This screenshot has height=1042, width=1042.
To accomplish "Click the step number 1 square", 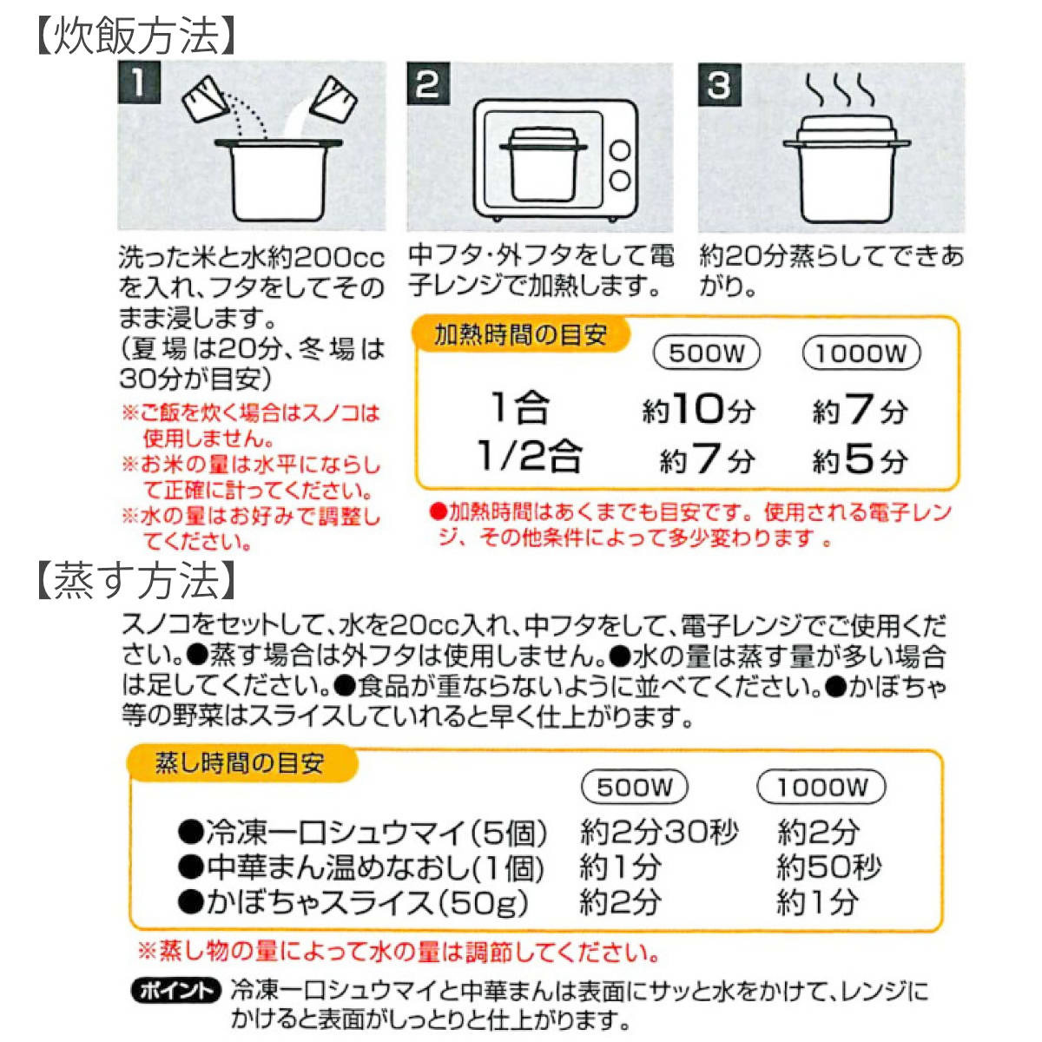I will click(x=138, y=85).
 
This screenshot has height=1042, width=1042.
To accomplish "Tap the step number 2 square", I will click(x=427, y=85).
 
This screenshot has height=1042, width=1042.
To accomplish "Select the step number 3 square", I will click(x=719, y=85).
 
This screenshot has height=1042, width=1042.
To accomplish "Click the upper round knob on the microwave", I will click(x=620, y=149).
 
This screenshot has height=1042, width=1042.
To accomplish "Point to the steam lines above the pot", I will click(x=839, y=89).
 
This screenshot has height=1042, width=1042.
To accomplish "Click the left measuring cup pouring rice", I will click(x=205, y=100).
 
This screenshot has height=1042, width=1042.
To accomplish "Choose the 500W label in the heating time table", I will click(x=707, y=353).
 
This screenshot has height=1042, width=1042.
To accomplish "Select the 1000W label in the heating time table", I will click(x=861, y=353).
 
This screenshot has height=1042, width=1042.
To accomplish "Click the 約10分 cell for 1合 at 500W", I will click(x=698, y=409).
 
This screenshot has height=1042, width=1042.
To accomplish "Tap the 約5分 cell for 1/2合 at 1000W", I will click(x=860, y=459).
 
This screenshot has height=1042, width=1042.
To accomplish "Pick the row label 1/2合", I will click(x=529, y=457).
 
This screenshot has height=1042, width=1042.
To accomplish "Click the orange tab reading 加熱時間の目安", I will click(x=520, y=335).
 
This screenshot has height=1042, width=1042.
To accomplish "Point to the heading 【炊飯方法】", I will click(x=135, y=36).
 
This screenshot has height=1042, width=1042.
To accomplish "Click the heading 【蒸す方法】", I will click(x=135, y=580).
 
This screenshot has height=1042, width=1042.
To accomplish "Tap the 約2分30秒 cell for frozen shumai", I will click(x=659, y=833).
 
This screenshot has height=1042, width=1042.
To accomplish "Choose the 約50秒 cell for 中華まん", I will click(x=829, y=867).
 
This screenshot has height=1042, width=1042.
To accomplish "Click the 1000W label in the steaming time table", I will click(x=821, y=788).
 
